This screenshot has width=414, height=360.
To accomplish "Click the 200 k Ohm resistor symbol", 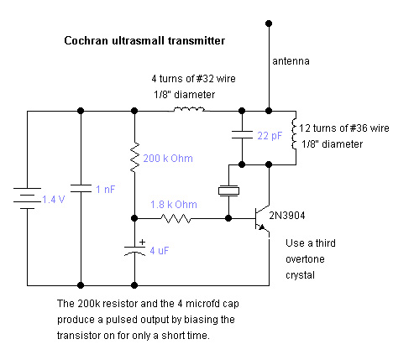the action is pos(134,158).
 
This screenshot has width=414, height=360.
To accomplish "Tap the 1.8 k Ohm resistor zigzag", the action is pos(176,218).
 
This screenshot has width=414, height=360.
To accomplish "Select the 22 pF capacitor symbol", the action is pos(242,134).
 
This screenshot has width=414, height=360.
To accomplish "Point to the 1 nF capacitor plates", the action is pos(81,188).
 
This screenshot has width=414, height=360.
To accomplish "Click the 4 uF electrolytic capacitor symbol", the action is pos(134,251).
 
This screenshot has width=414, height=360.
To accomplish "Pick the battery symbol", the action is pos(27,199).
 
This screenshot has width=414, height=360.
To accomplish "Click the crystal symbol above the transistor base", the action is pos(228,190).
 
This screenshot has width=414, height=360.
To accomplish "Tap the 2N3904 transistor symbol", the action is pos(262,219).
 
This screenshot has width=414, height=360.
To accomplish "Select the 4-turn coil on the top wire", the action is pos(189,109).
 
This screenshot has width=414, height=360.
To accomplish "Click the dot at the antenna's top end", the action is pos(269,23).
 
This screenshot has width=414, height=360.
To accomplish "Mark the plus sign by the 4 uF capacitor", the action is pos(143,243).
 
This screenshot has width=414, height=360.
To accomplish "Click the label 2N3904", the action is pos(287,216).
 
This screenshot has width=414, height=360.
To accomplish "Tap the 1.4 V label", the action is pos(54,200).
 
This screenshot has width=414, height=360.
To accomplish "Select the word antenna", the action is pos(291,61).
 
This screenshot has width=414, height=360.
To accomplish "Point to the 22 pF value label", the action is pos(270,136).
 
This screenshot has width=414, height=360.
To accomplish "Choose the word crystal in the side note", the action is pos(300,275).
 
